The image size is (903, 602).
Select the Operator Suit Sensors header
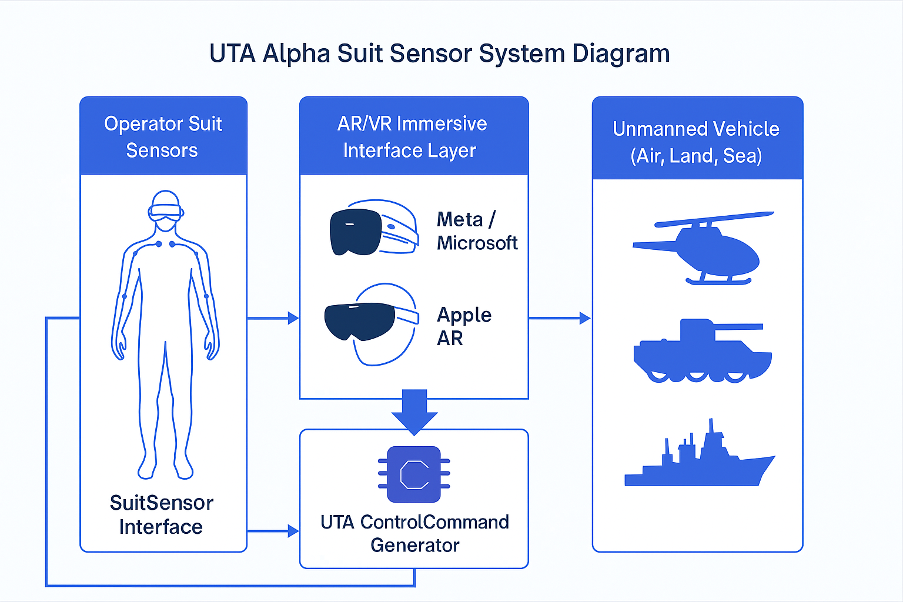tap(163, 136)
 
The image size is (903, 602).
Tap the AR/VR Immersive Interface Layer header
tap(412, 136)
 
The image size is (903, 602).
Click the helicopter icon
tap(705, 249)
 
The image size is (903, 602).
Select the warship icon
tap(700, 459)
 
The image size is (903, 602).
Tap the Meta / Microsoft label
tap(477, 231)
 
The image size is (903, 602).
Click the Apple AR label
tap(464, 326)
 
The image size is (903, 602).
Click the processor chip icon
tap(414, 474)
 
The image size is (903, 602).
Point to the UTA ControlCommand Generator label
tap(414, 533)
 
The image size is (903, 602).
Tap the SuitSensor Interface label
tap(162, 514)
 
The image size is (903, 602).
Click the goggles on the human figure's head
tap(165, 212)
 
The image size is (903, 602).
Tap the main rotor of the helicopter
tap(714, 219)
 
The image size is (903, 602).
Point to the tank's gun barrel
tap(738, 327)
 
